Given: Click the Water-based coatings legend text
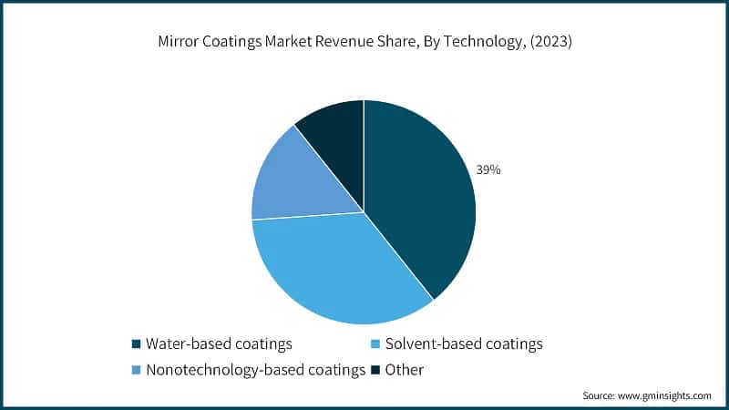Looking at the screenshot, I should [219, 343].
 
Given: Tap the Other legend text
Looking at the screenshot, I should [405, 369].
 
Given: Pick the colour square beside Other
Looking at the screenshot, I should [375, 370].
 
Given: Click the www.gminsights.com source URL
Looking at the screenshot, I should [664, 395].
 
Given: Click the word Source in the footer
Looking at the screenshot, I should [599, 395].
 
